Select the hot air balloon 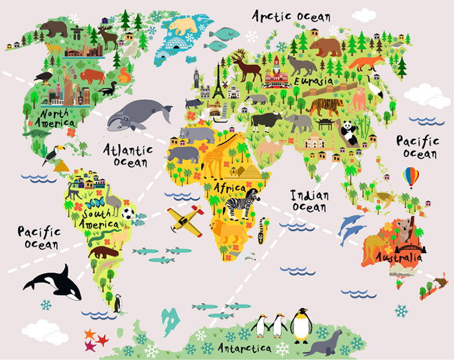point(411,176)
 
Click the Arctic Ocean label point(291,16)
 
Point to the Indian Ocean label point(309,200)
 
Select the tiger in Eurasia point(326,106)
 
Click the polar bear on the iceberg point(184,27)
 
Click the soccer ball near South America point(128,213)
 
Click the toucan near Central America point(51,154)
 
